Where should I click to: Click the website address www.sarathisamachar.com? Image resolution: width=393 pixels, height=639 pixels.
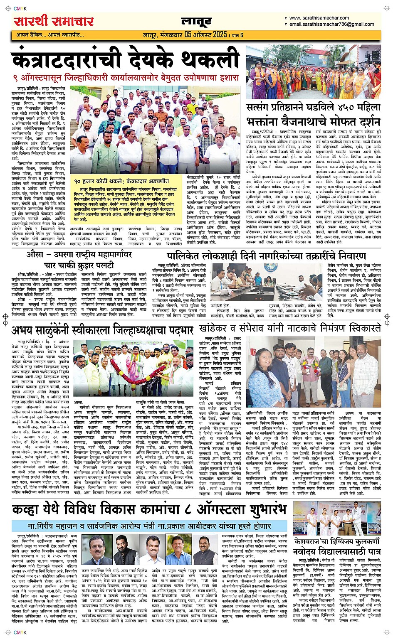(x=319, y=18)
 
